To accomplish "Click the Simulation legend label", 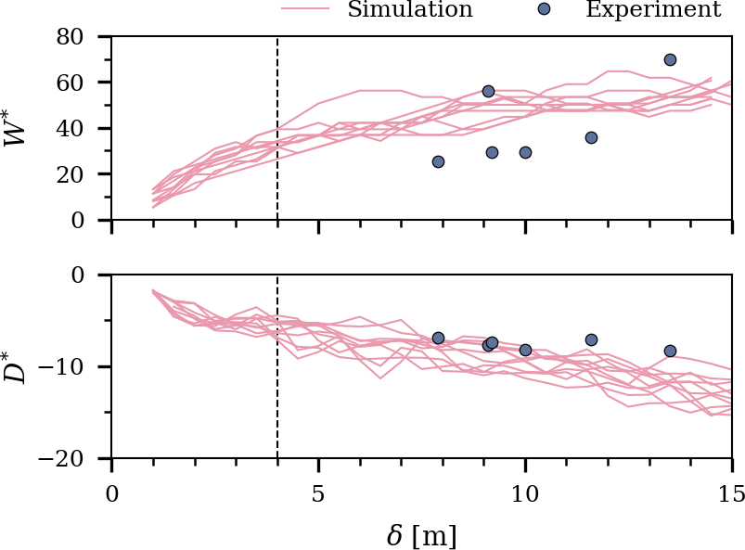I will coord(410,10).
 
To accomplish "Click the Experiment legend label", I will coord(652,10).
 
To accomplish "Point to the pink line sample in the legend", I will coord(305,9).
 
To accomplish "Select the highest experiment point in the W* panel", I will coord(670,60).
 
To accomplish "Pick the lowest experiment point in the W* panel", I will coord(438,161).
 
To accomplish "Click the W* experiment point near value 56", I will coord(488,91).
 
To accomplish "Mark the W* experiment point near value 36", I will coord(591,137).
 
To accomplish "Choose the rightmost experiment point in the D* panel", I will coord(670,351).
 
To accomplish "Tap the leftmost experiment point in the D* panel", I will coord(438,338).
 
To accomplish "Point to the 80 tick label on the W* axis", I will coord(72,37).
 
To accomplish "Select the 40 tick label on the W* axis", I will coord(72,128).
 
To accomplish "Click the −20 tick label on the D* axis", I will coord(65,459).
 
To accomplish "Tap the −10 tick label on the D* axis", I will coord(65,367).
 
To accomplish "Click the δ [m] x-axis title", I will coord(421,535).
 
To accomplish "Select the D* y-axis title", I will coord(19,366).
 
